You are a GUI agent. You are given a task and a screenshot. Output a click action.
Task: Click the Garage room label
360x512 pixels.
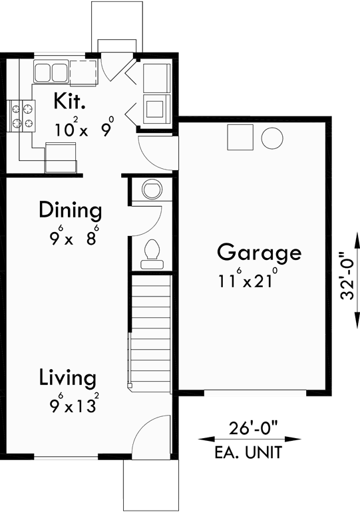tap(259, 253)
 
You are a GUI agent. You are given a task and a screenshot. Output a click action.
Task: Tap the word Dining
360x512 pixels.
tap(70, 211)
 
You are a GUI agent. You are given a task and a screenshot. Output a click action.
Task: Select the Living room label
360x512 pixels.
tap(67, 378)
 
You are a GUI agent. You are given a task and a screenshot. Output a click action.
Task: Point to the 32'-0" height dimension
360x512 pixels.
tap(348, 276)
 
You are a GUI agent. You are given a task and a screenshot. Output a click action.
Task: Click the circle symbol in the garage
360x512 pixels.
tap(271, 138)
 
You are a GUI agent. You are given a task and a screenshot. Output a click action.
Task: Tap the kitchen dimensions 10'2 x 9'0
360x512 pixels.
tap(84, 128)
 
